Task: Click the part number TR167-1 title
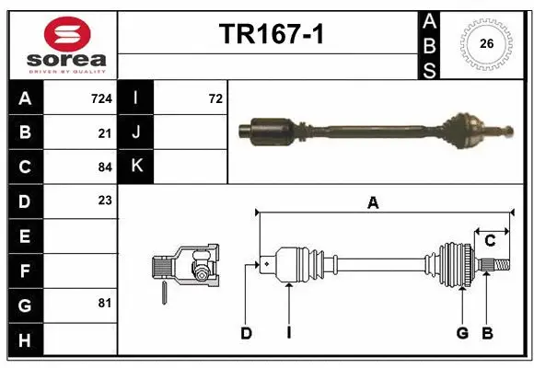[270, 34]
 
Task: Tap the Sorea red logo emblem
[65, 36]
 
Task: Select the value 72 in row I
[215, 98]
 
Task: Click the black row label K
[136, 167]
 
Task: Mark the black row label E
[24, 236]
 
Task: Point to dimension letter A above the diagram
[373, 204]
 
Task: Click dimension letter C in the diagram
[490, 241]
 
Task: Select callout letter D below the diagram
[246, 333]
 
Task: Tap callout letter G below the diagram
[462, 333]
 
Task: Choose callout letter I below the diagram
[288, 333]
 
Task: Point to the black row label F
[24, 270]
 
